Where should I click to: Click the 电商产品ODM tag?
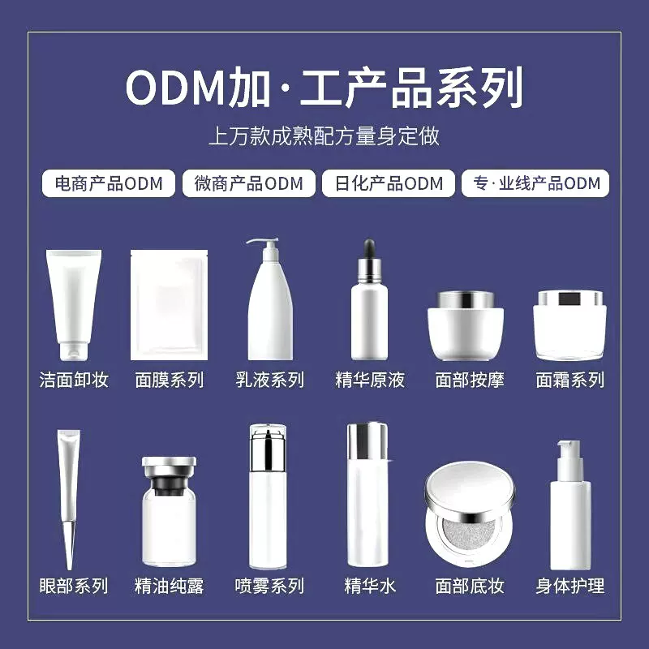(x=103, y=183)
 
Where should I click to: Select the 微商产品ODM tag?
(x=248, y=183)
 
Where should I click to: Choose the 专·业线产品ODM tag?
(x=535, y=183)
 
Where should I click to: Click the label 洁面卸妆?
(x=74, y=380)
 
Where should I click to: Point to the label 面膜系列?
(x=170, y=380)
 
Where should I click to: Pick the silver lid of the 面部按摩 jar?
(x=465, y=299)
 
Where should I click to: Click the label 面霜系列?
(x=570, y=380)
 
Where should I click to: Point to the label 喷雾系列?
(x=269, y=586)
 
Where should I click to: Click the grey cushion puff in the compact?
(x=469, y=535)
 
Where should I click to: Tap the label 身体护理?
(x=570, y=586)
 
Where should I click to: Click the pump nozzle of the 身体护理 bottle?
(x=568, y=448)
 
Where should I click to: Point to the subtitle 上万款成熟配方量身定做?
(x=324, y=135)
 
